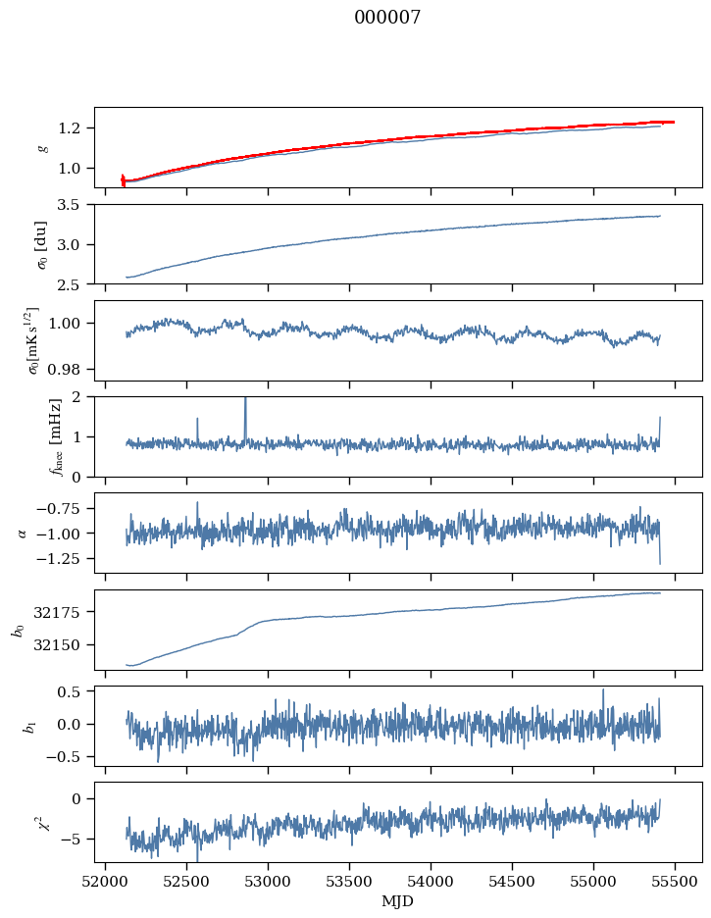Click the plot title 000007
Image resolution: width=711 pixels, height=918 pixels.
click(387, 18)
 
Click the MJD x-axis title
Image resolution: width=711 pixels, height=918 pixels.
click(398, 900)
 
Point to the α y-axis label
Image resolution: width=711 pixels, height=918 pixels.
click(24, 533)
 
